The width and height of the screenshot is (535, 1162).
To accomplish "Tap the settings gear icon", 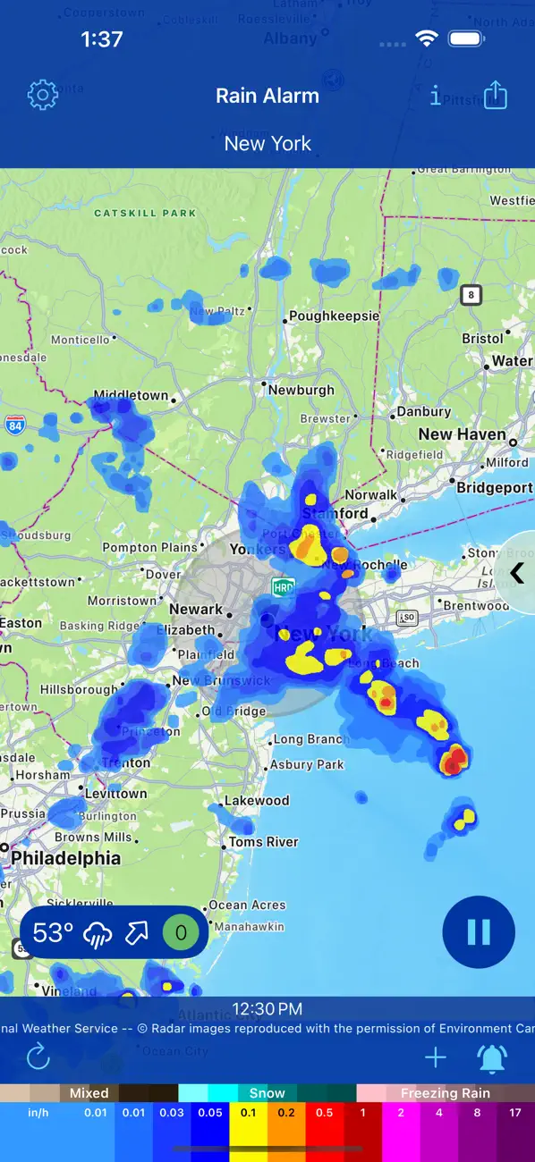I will [x=42, y=95].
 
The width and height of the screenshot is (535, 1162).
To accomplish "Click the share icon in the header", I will [x=495, y=95].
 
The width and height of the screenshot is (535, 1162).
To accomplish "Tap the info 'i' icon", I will [x=436, y=96].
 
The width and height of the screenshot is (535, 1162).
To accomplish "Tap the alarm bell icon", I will [x=492, y=1058].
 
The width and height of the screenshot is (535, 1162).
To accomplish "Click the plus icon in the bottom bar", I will [x=436, y=1058].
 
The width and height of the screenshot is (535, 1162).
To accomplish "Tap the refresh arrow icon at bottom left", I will [x=38, y=1058].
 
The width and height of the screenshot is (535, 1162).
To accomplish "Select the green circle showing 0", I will [x=181, y=933].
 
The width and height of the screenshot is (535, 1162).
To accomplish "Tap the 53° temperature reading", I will [x=54, y=933].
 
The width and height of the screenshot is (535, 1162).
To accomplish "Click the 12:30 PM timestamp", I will [x=267, y=1009].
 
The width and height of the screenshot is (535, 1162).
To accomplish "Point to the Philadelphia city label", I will [x=65, y=858].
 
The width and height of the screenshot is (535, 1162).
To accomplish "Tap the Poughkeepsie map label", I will [x=334, y=316].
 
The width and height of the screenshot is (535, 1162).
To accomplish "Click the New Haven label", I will [x=462, y=434].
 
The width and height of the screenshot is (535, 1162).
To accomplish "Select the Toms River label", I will [x=263, y=842].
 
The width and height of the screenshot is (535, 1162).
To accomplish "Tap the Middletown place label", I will [x=131, y=395].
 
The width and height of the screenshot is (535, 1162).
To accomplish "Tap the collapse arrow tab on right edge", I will [x=517, y=573].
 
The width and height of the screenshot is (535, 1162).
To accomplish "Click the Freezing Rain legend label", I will [x=446, y=1093].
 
